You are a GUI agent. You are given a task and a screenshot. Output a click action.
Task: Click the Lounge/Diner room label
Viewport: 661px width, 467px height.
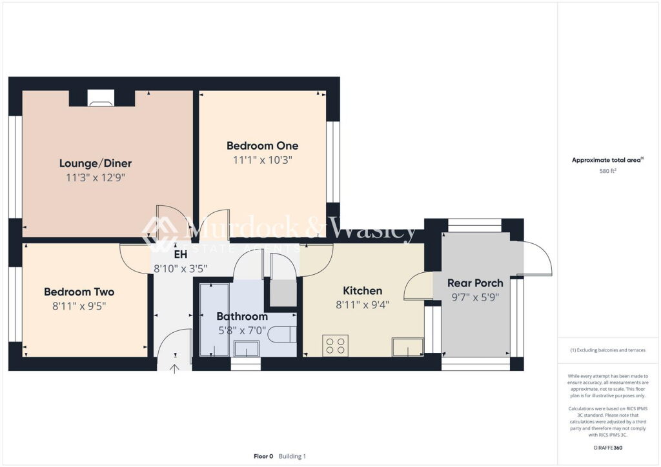[96, 163]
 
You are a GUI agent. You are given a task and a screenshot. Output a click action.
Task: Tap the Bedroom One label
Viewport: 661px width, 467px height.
[262, 146]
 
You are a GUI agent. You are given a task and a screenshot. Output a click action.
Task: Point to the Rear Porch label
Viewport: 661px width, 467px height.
[475, 283]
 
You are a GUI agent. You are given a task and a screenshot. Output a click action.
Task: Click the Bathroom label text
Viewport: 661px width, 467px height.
[241, 317]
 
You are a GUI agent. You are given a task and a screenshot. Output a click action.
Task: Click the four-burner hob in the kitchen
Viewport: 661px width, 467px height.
[336, 346]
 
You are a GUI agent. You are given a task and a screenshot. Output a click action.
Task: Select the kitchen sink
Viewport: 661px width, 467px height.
[407, 348]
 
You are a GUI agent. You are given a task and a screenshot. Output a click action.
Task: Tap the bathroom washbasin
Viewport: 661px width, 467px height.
[246, 349]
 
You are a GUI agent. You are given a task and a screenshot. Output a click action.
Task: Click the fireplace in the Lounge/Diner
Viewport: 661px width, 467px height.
[101, 98]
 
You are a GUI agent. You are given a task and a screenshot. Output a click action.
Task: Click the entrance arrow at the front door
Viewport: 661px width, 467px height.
[174, 369]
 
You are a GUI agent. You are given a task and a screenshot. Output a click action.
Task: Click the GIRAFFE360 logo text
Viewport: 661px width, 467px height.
[609, 448]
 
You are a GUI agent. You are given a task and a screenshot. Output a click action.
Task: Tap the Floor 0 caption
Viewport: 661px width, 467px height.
[263, 456]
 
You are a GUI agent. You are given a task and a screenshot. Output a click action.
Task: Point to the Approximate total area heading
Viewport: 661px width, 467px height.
[607, 161]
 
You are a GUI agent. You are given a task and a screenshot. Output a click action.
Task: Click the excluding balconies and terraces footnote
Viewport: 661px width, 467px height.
[607, 350]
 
